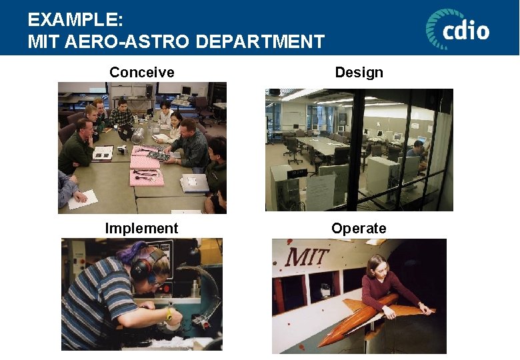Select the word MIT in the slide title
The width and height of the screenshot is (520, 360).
click(x=42, y=42)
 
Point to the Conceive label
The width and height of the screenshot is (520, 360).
click(x=141, y=72)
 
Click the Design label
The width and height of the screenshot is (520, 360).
click(x=359, y=72)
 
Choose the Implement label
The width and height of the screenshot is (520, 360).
click(x=141, y=229)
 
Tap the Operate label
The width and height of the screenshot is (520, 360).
click(x=359, y=229)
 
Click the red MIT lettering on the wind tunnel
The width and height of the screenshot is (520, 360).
click(x=306, y=255)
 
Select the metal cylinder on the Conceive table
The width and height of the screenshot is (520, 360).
click(x=138, y=136)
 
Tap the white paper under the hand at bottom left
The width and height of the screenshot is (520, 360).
click(x=83, y=199)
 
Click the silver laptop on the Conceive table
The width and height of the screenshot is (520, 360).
click(x=194, y=183)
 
